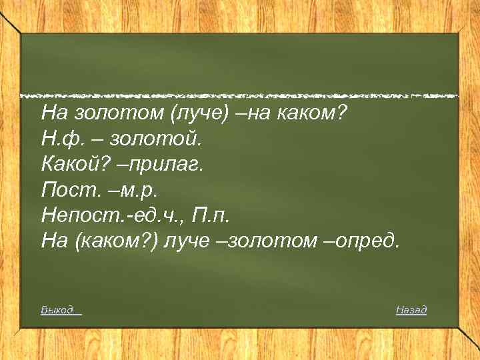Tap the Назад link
[411, 310]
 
